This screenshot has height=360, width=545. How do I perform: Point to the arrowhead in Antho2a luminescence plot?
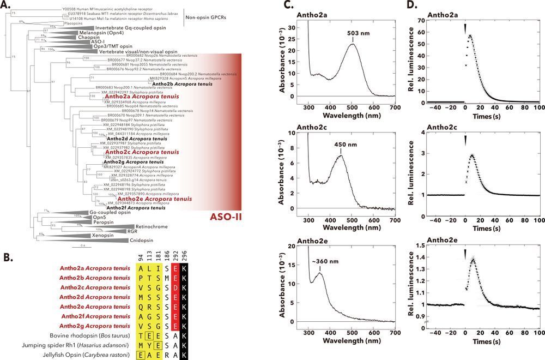tap(465, 28)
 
